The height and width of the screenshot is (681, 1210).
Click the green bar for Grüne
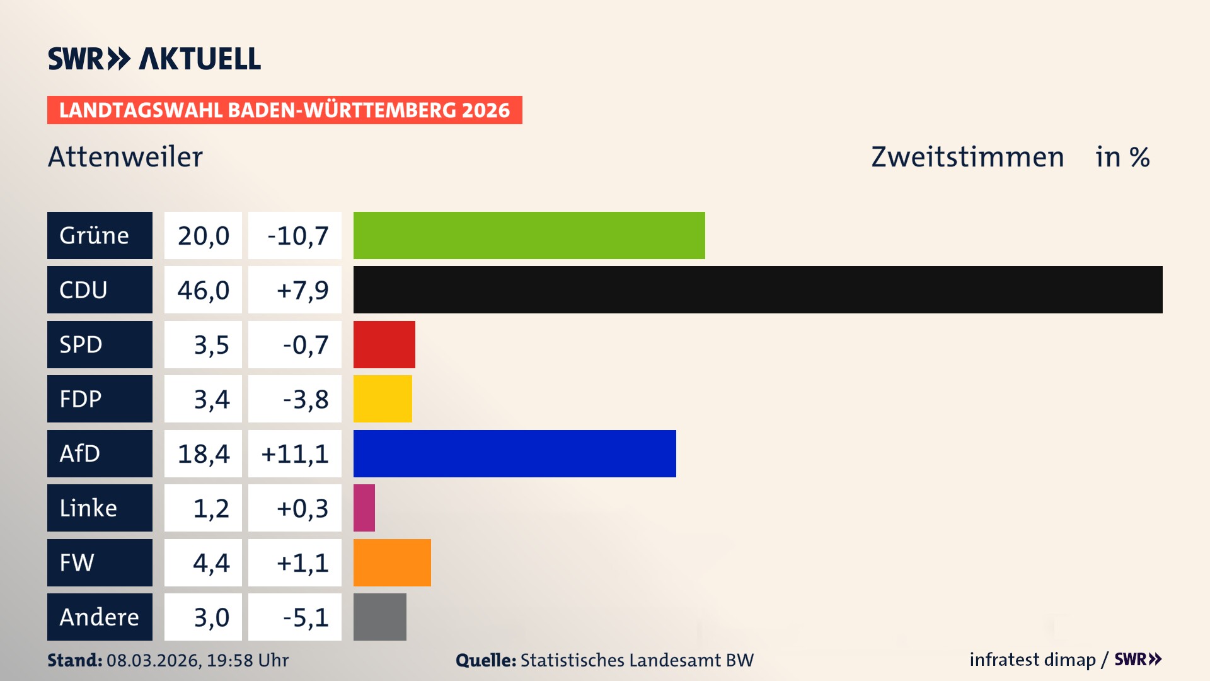(529, 235)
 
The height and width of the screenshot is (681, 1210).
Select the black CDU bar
(758, 289)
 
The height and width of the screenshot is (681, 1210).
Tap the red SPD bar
(384, 344)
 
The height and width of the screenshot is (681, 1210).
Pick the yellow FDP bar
(383, 399)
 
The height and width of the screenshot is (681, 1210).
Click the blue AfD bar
(514, 453)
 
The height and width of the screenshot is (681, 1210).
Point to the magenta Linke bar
(364, 508)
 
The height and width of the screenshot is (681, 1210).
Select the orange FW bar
(392, 562)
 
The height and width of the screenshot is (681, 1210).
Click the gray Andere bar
(379, 617)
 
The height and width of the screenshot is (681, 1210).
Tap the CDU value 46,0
(203, 290)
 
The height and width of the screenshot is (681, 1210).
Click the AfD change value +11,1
(295, 454)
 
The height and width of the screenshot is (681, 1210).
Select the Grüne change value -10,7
(297, 236)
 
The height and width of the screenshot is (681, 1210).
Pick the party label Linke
(88, 508)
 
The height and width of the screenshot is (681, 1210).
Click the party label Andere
(99, 617)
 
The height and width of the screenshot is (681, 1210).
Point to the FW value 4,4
(211, 562)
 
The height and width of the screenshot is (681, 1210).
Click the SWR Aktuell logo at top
(154, 59)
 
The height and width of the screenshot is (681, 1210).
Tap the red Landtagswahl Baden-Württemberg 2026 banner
(284, 110)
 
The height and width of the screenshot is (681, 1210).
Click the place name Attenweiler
(125, 156)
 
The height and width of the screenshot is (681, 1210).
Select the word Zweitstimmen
(967, 156)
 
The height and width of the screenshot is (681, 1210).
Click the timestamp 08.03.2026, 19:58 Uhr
(197, 660)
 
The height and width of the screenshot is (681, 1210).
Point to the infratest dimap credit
(1032, 660)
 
